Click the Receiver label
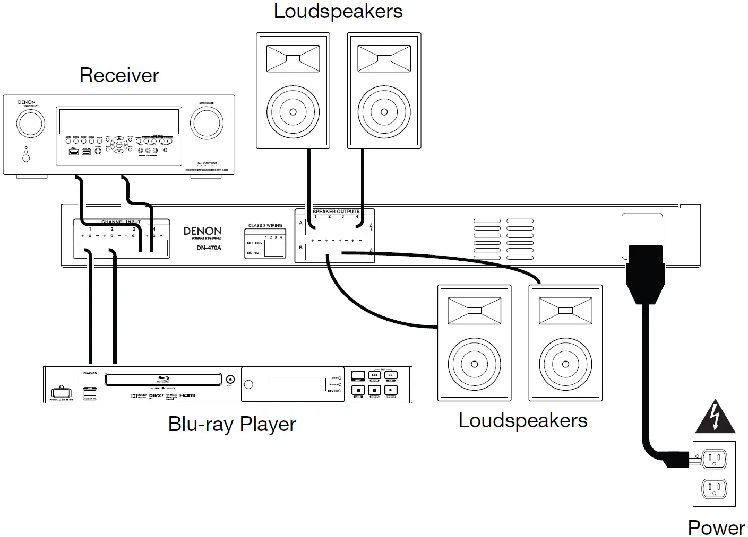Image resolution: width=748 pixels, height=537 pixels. click(119, 75)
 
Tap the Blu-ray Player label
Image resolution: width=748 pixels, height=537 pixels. click(232, 424)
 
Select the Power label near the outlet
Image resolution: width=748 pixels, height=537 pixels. click(716, 527)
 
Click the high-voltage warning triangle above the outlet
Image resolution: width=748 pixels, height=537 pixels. click(715, 417)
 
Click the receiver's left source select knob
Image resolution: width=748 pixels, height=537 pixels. click(31, 124)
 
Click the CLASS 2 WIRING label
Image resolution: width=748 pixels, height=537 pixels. click(265, 226)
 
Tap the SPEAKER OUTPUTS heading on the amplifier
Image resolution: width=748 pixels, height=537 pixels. click(336, 212)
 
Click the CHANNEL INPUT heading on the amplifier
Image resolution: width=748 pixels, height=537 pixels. click(121, 222)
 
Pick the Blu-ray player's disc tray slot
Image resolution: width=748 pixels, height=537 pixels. click(163, 379)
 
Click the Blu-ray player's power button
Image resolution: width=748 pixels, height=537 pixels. click(60, 393)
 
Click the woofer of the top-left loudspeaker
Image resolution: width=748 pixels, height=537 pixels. click(293, 112)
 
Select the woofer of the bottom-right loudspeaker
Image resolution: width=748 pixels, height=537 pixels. click(565, 364)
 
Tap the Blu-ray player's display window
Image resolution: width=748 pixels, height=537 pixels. click(296, 384)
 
